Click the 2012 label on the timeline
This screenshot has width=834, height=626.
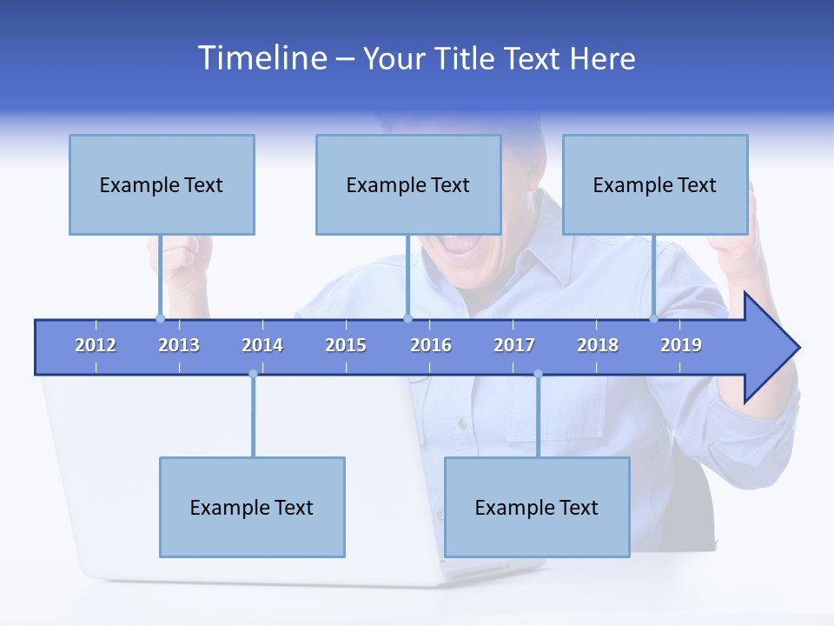coord(96,345)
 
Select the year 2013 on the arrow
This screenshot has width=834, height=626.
coord(179,345)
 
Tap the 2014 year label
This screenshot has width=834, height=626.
coord(262,345)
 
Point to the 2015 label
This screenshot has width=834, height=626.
coord(346,345)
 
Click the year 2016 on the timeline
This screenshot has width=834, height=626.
coord(431,345)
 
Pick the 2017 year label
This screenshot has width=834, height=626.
coord(514,345)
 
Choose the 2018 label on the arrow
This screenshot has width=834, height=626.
coord(598,345)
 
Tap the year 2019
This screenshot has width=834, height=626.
coord(681,345)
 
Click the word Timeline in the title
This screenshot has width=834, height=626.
coord(261,58)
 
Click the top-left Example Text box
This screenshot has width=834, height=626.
coord(162,184)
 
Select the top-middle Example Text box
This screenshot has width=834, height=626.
coord(408,184)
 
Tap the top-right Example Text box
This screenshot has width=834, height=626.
coord(655,184)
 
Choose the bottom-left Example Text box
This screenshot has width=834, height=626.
coord(252,507)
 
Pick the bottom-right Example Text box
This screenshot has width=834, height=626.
coord(537,507)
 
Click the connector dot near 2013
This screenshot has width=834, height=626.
coord(160,318)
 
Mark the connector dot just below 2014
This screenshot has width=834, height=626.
coord(253,374)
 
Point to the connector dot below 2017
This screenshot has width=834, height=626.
coord(538,374)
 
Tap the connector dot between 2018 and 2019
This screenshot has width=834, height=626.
coord(653,318)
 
